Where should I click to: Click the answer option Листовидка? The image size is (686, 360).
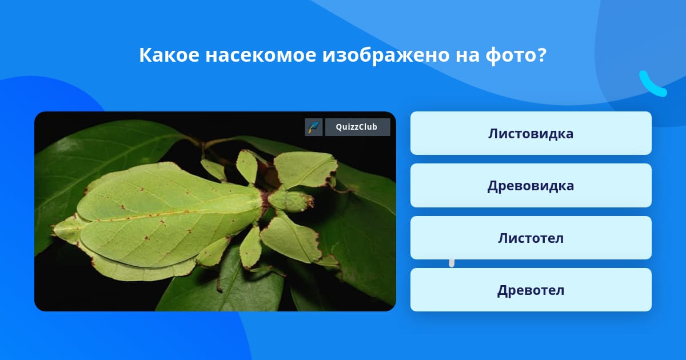pyautogui.click(x=531, y=133)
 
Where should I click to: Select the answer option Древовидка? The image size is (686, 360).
pyautogui.click(x=531, y=186)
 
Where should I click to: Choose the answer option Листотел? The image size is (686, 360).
pyautogui.click(x=531, y=238)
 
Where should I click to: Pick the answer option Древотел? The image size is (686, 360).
pyautogui.click(x=531, y=290)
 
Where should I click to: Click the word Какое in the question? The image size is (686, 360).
pyautogui.click(x=169, y=55)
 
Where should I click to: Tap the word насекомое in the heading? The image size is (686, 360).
pyautogui.click(x=261, y=56)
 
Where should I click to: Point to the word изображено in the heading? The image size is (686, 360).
pyautogui.click(x=385, y=56)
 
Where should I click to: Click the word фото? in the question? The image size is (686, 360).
pyautogui.click(x=516, y=56)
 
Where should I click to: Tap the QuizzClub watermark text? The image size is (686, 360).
pyautogui.click(x=357, y=127)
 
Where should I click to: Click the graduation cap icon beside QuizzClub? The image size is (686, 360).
pyautogui.click(x=314, y=127)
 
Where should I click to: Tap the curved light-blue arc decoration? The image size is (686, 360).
pyautogui.click(x=653, y=84)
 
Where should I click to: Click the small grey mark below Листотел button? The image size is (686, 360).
pyautogui.click(x=452, y=263)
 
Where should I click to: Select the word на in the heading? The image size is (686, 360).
pyautogui.click(x=468, y=56)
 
